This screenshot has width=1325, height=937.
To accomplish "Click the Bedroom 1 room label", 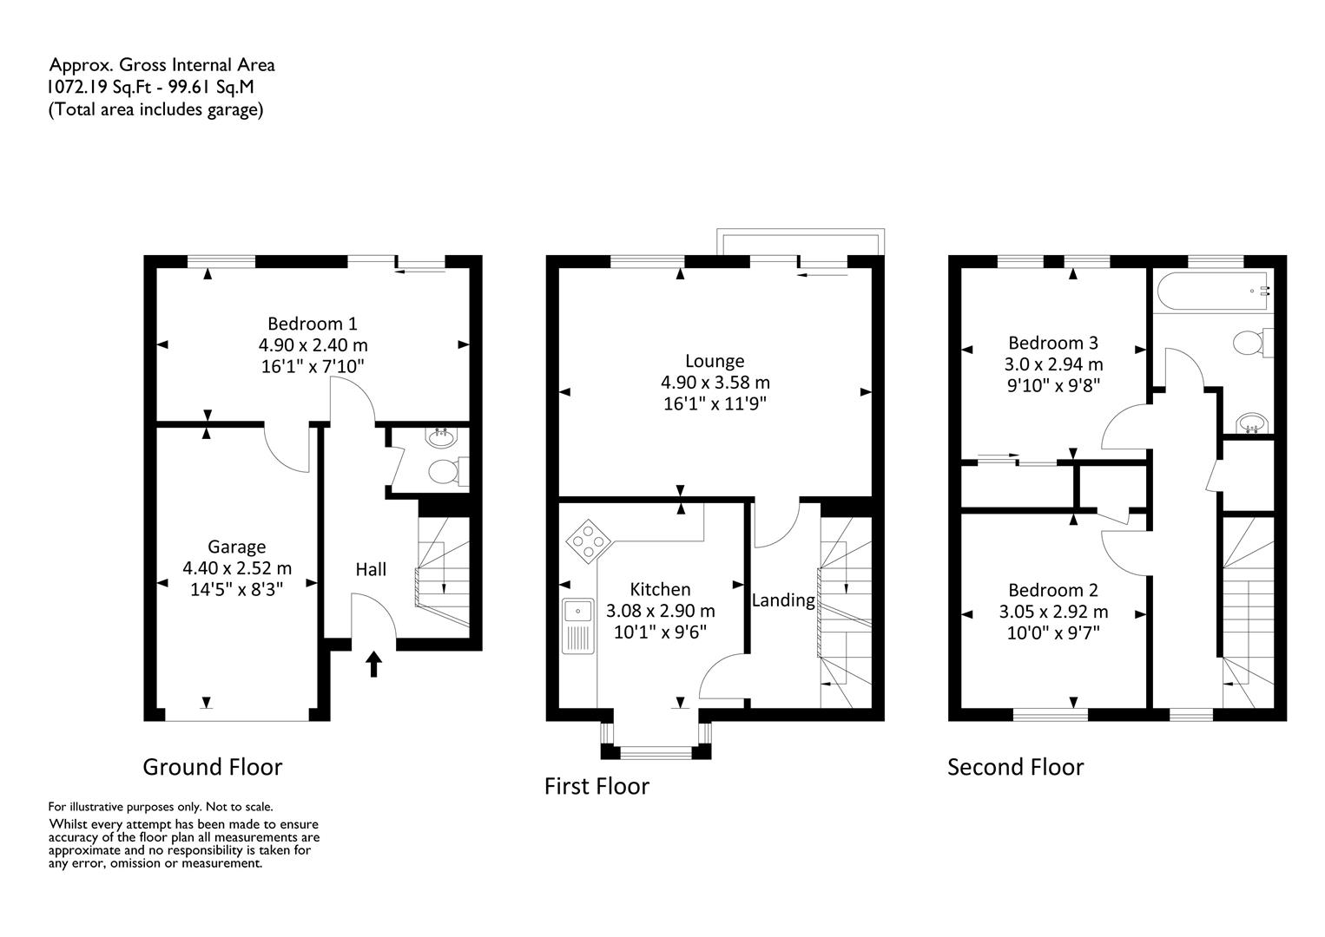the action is click(313, 324).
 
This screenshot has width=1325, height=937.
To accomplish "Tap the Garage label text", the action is click(236, 547).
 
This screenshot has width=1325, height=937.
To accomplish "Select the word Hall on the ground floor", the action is click(371, 569).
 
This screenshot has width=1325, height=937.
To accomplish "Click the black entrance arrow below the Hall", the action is click(373, 664).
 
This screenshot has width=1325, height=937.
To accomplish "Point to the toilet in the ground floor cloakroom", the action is click(448, 472).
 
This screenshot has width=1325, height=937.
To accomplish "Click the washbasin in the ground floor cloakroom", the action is click(441, 437).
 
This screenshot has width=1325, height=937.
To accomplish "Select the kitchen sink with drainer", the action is click(578, 626).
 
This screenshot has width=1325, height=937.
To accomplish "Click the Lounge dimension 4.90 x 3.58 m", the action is click(715, 383).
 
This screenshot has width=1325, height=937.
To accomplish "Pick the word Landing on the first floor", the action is click(783, 600).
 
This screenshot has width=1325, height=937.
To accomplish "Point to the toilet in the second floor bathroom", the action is click(1253, 343).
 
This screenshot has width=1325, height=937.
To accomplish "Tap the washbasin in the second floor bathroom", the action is click(1252, 424).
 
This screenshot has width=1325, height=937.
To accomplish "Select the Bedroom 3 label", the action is click(1053, 343).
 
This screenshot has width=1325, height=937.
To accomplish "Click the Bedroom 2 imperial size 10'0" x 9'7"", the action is click(1053, 633).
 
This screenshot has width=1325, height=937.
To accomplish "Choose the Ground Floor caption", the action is click(213, 767).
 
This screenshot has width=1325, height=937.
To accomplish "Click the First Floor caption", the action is click(597, 786).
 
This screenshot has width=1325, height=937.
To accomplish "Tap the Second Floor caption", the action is click(1015, 767).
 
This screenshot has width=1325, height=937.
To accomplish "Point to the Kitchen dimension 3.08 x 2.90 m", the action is click(660, 611).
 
